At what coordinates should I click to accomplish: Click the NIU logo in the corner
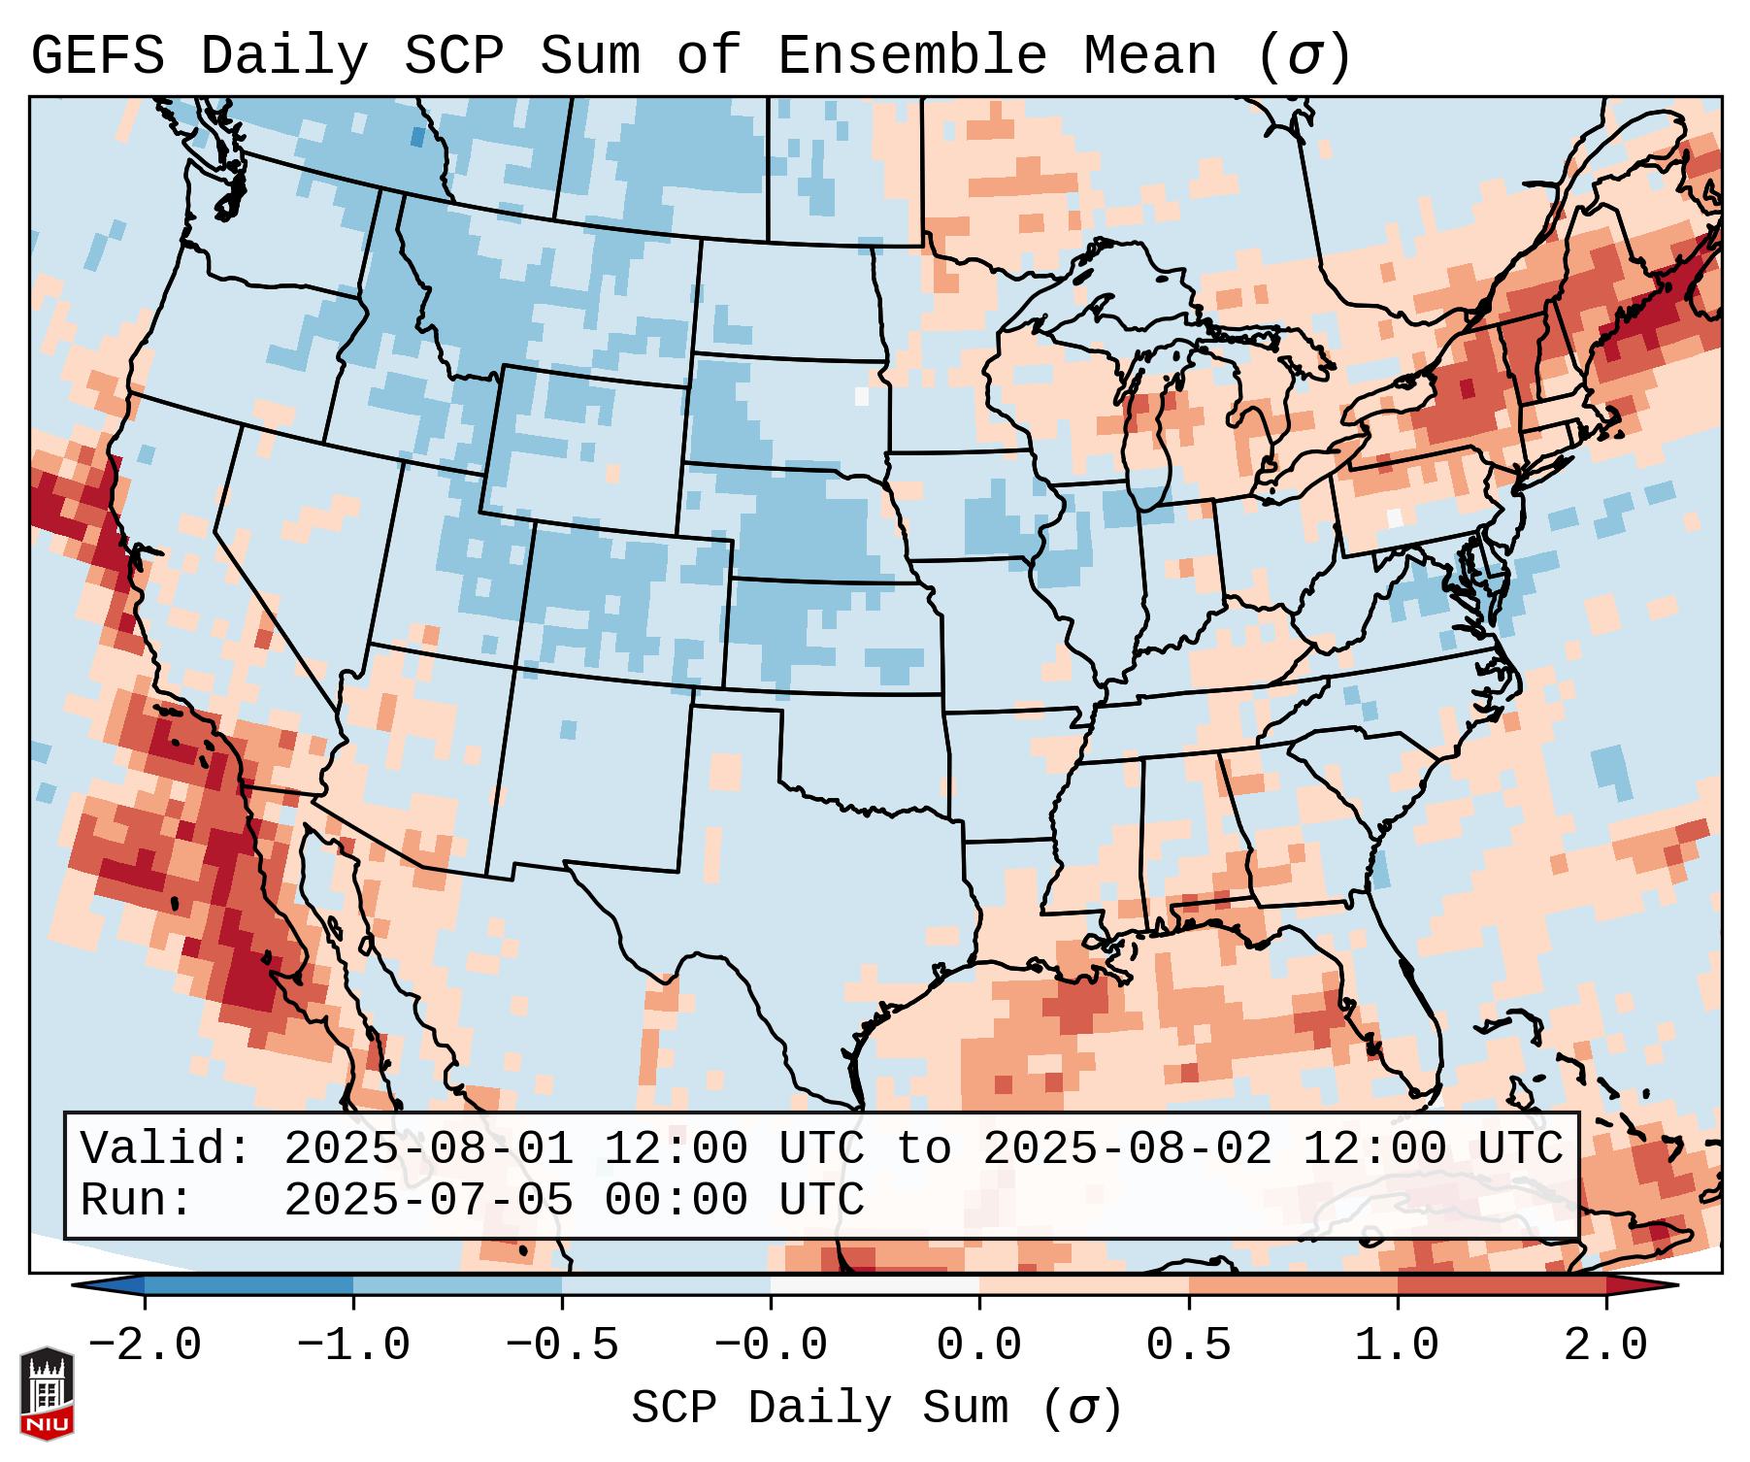(x=47, y=1392)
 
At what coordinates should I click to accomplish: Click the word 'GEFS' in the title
(x=97, y=56)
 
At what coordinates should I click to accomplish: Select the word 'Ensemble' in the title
(x=911, y=56)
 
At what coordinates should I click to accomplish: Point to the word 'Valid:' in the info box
(x=165, y=1148)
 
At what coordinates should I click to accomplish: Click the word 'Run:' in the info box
(x=136, y=1200)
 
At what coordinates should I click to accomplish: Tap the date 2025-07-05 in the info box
(x=428, y=1200)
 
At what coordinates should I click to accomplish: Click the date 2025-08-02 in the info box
(x=1128, y=1148)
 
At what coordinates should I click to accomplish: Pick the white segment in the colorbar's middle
(x=875, y=1285)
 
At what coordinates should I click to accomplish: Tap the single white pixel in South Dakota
(x=861, y=396)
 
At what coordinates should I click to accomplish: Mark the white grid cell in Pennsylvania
(x=1395, y=517)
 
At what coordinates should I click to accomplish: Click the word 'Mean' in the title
(x=1150, y=56)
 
